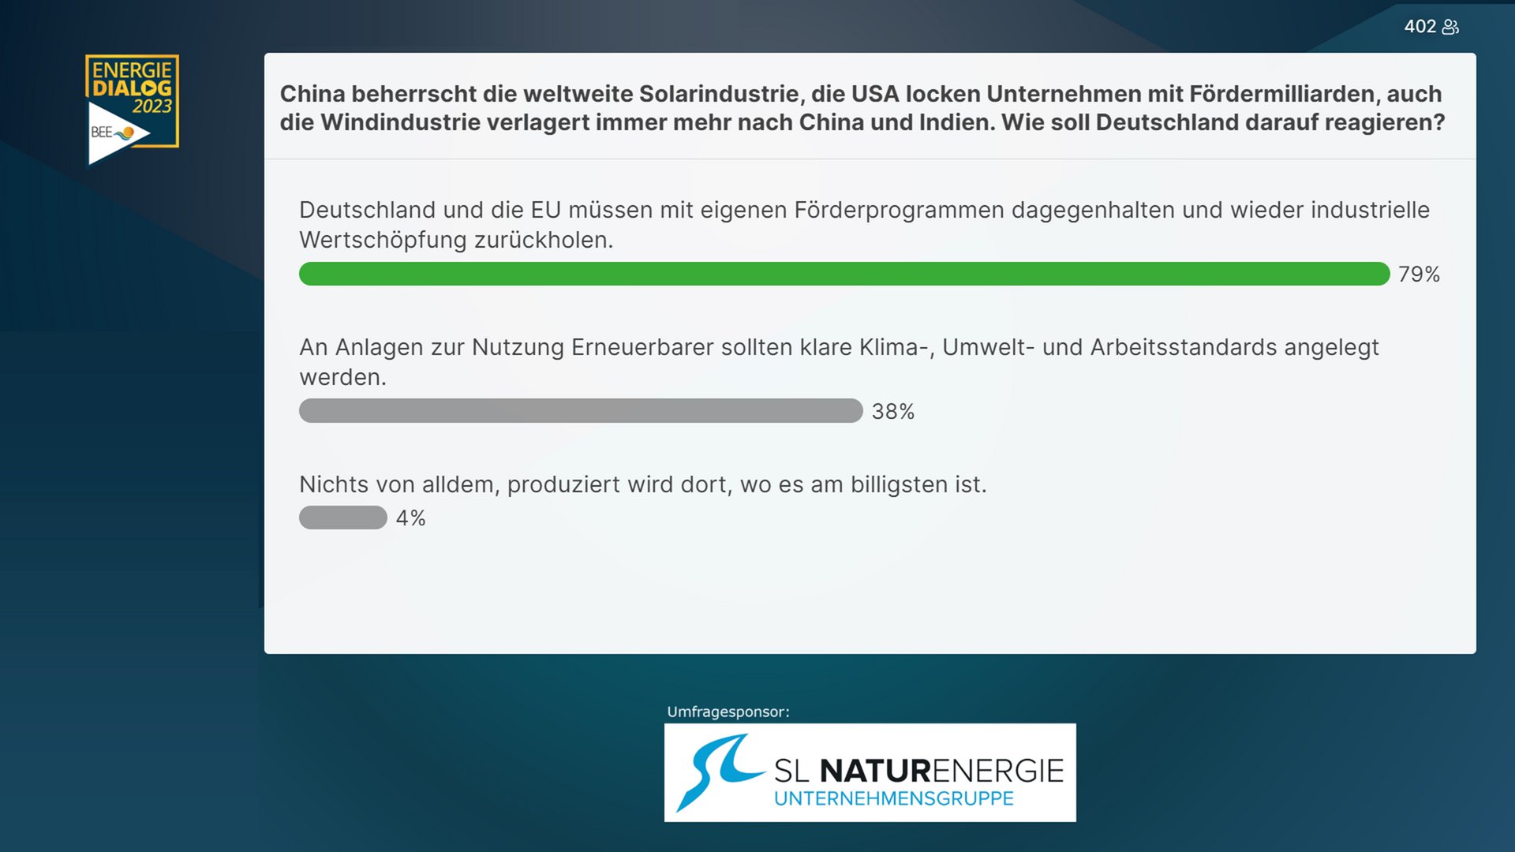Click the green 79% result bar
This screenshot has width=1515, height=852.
tap(844, 274)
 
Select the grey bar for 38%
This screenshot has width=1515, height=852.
tap(581, 411)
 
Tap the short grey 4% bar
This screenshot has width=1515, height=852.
tap(343, 518)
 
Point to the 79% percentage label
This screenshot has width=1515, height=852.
tap(1419, 275)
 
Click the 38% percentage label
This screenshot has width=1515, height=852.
tap(893, 412)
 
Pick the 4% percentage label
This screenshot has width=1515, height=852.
tap(411, 518)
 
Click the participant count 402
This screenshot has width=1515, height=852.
tap(1420, 27)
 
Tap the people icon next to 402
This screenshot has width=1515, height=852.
tap(1450, 27)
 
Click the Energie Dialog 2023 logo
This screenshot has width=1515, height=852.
tap(132, 110)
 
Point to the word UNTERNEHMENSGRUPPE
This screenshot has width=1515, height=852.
tap(893, 798)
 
